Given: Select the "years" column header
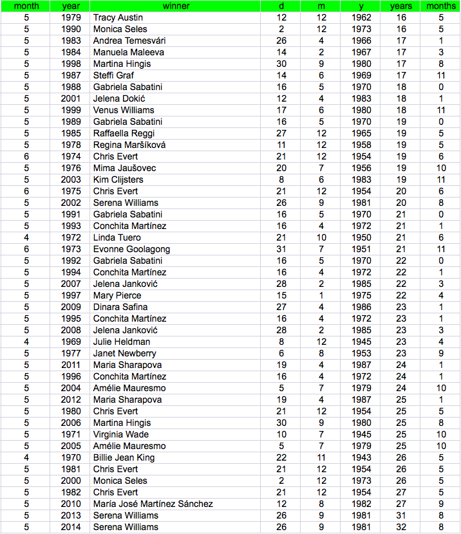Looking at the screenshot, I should click(x=401, y=6).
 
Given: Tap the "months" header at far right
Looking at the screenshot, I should click(x=441, y=6).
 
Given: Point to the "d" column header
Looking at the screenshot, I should click(x=281, y=6).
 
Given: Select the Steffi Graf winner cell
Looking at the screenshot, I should click(x=113, y=75).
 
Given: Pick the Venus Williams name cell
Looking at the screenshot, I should click(x=124, y=110).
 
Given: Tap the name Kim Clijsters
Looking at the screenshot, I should click(x=118, y=180).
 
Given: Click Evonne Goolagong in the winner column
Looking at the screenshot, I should click(x=131, y=249).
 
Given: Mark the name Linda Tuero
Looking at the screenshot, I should click(x=117, y=237).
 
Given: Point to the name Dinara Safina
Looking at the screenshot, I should click(x=120, y=307).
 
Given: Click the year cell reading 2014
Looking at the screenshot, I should click(x=71, y=527).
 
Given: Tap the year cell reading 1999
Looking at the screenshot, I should click(x=71, y=110).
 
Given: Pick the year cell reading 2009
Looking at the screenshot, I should click(x=71, y=307).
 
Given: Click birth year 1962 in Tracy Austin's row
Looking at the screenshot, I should click(x=362, y=17).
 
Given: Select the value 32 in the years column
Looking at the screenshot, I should click(x=401, y=527).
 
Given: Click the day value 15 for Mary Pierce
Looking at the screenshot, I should click(x=281, y=295).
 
